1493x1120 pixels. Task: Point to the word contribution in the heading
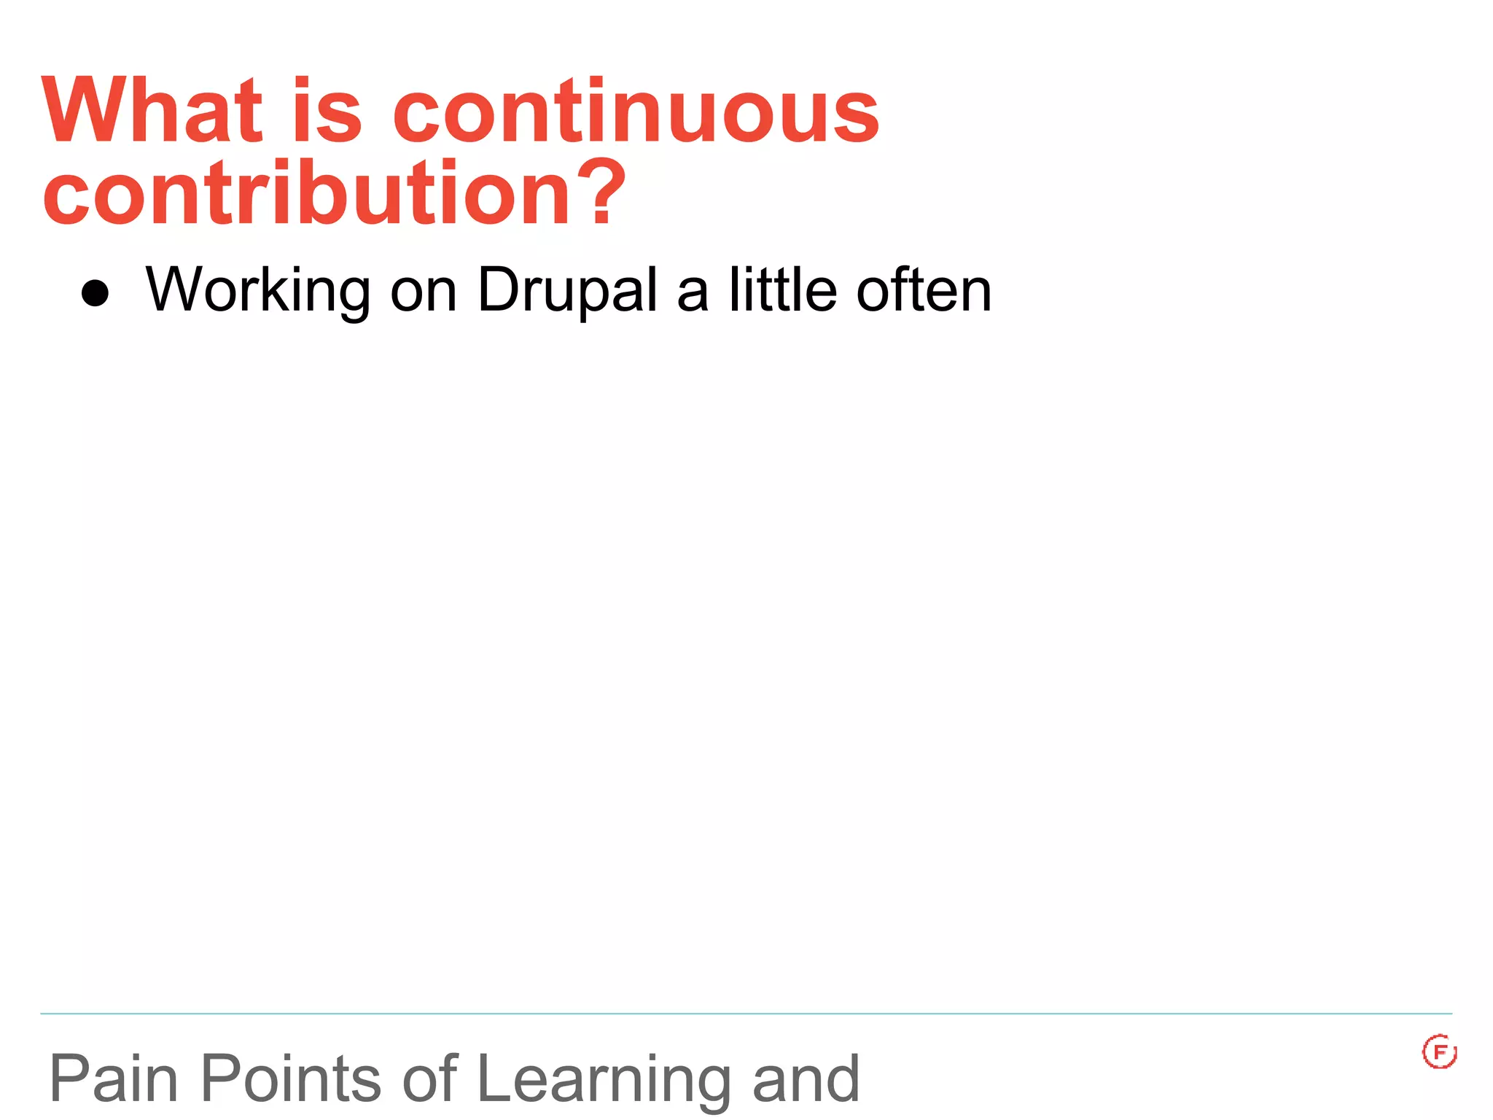306,193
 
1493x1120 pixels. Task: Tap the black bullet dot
95,293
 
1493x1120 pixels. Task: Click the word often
924,289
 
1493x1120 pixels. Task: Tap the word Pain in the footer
114,1078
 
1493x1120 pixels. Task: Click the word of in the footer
429,1078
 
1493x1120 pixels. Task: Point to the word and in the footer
806,1078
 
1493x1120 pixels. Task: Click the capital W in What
78,111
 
